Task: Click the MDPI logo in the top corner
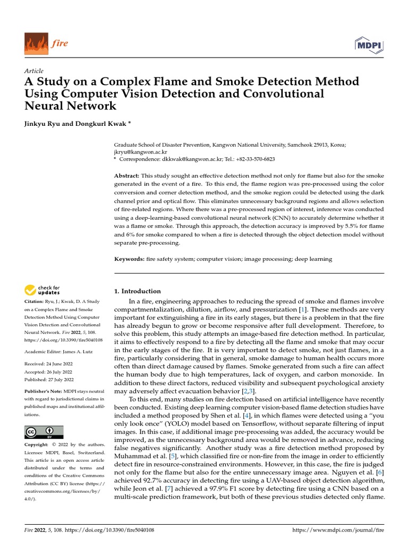tap(369, 45)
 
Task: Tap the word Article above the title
tap(34, 71)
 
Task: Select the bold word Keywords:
tap(130, 259)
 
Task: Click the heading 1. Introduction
tap(137, 291)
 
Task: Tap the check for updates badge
tap(43, 290)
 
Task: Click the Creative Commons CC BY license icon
tap(44, 432)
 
